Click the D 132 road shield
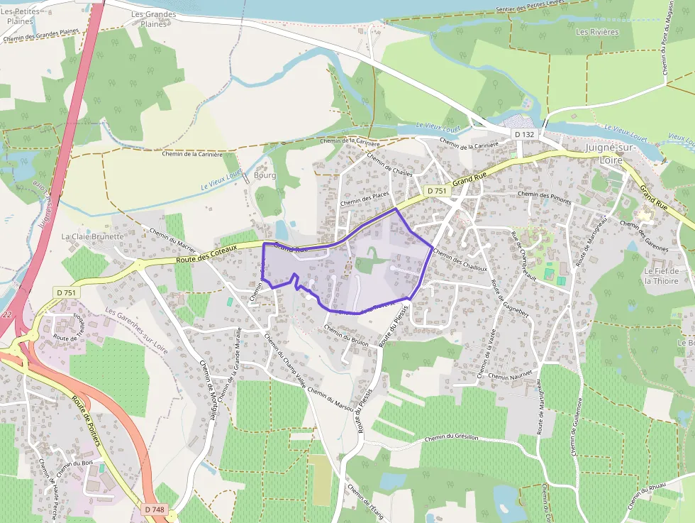click(525, 134)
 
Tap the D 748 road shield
click(154, 509)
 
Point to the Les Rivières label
click(597, 32)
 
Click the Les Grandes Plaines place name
click(153, 19)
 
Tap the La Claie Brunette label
click(93, 236)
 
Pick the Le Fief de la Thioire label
click(662, 275)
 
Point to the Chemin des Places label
click(365, 199)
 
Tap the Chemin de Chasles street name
click(389, 170)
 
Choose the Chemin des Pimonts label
click(544, 194)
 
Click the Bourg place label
click(264, 175)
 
